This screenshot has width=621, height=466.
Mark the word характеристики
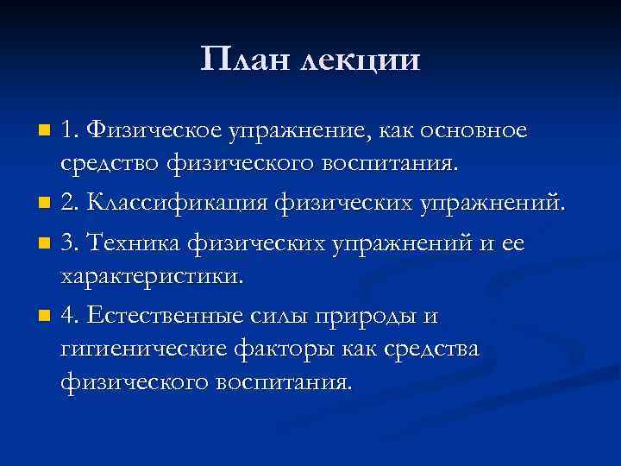(152, 276)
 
